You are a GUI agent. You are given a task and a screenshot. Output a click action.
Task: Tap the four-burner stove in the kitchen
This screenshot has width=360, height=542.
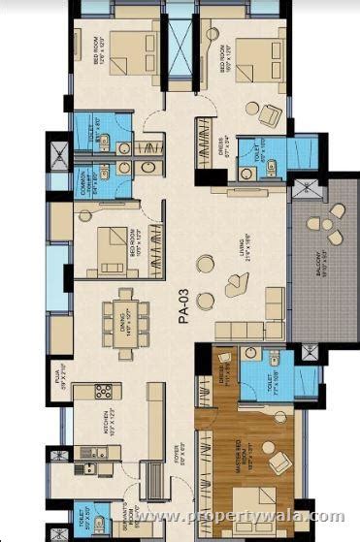pos(102,393)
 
